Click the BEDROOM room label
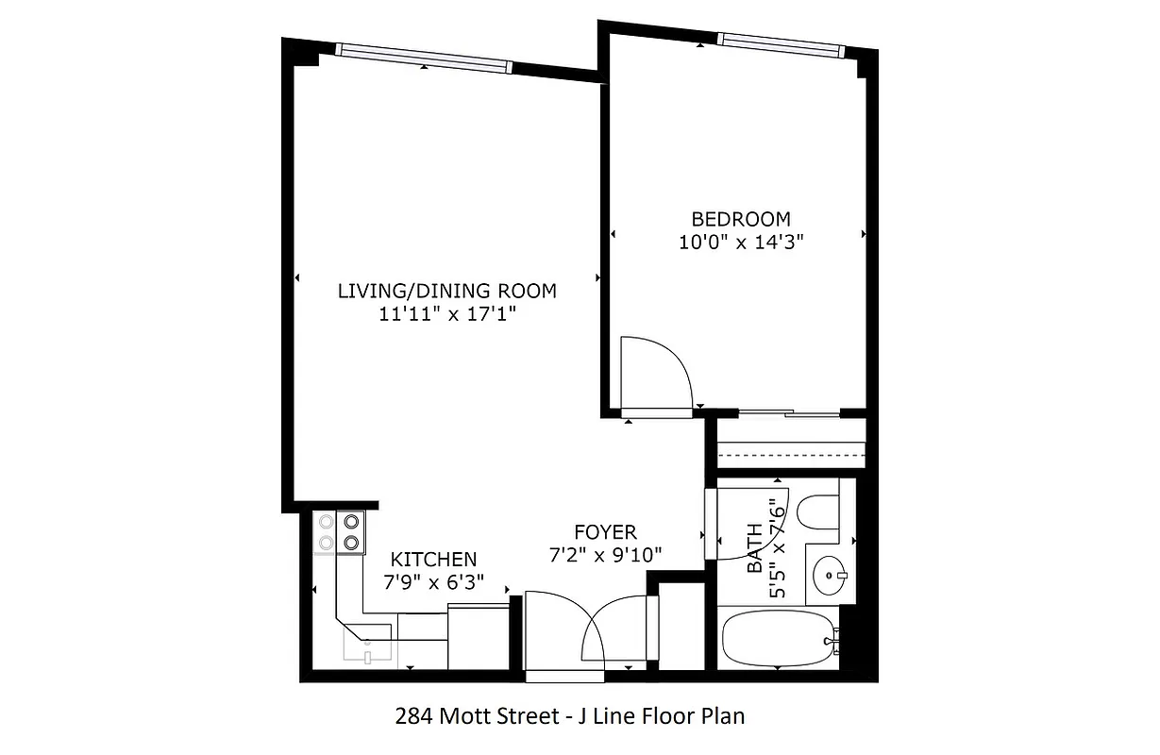[x=740, y=219]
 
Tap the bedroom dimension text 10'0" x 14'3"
[x=740, y=242]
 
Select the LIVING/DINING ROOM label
[x=447, y=291]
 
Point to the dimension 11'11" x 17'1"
[x=447, y=314]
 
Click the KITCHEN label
[x=433, y=560]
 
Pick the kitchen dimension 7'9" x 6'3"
[x=433, y=582]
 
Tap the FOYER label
[x=605, y=532]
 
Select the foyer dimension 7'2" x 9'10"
[x=605, y=555]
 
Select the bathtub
[x=778, y=639]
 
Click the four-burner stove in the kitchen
[x=340, y=530]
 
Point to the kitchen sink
[x=367, y=648]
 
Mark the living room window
[x=424, y=59]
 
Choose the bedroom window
[x=779, y=42]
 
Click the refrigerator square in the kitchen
[x=478, y=637]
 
